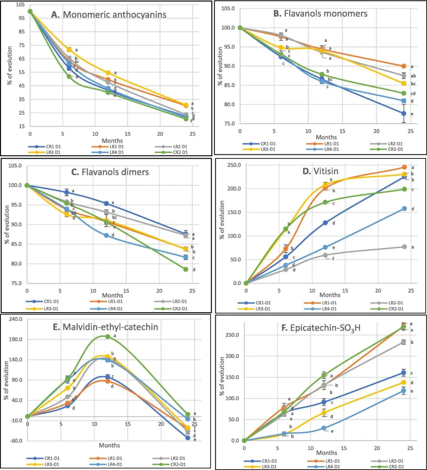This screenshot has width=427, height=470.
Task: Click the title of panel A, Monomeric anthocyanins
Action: point(109,15)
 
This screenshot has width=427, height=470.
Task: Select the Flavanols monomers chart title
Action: point(320,14)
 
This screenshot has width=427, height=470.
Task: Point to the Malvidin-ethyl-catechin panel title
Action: point(105,327)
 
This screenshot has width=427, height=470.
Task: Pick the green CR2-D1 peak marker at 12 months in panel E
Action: point(108,336)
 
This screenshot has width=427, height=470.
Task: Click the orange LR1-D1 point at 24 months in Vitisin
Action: point(404,167)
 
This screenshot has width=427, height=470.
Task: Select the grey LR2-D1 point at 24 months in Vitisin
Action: point(404,247)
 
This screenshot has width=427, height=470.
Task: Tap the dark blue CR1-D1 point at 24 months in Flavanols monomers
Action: point(404,113)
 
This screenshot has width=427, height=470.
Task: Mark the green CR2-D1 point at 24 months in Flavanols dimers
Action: point(185,269)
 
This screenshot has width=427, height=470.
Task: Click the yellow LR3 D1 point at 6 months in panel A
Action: point(69,49)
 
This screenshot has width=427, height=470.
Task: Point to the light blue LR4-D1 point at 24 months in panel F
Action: point(404,391)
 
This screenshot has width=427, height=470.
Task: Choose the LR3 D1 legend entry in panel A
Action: point(44,152)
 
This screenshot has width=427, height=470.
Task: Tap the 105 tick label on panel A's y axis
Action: point(20,5)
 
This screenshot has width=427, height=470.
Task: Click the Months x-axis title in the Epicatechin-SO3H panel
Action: point(327,453)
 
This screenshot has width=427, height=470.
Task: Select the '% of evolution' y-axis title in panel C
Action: point(7,225)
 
